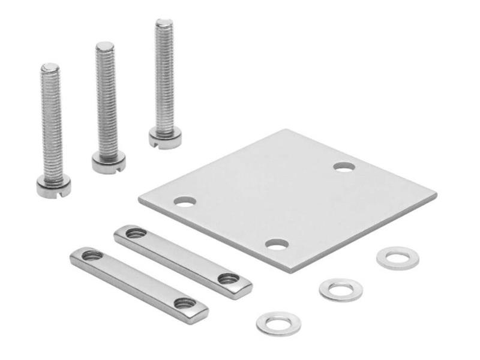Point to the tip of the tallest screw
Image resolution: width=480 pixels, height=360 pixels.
click(164, 23)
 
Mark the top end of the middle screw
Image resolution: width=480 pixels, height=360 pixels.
click(105, 46)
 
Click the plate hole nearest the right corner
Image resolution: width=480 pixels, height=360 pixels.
click(344, 167)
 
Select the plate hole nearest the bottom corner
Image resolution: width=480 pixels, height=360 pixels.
click(277, 244)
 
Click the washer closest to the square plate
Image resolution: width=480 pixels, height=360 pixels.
click(397, 257)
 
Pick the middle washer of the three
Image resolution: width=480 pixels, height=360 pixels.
click(341, 290)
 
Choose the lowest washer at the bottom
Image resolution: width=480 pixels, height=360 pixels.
click(278, 323)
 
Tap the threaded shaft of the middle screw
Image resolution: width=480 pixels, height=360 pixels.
click(107, 102)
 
